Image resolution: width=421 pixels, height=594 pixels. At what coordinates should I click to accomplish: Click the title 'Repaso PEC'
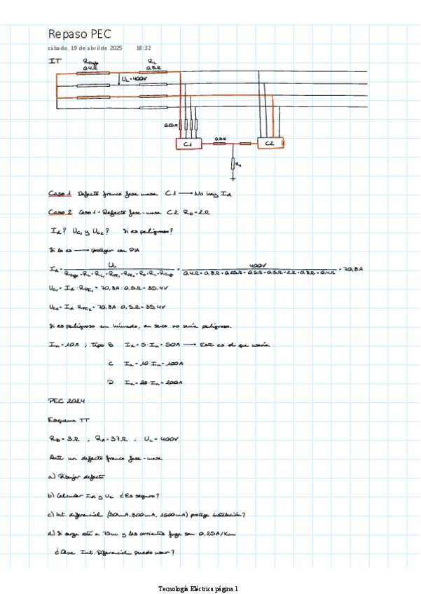pos(79,34)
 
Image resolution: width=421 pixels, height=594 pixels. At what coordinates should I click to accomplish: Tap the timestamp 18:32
pos(144,48)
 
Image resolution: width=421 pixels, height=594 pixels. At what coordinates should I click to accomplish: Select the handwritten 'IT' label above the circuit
pos(55,62)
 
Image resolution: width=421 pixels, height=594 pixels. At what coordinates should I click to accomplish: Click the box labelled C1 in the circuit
pos(188,144)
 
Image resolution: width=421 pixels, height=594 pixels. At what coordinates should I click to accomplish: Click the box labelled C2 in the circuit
pos(269,143)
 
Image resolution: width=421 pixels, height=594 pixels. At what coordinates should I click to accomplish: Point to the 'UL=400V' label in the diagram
pos(134,80)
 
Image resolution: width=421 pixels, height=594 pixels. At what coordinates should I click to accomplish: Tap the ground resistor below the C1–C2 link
pos(234,164)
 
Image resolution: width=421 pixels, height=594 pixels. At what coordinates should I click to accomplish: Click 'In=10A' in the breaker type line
pos(62,345)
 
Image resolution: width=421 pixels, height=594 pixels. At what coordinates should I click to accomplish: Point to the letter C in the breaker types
pos(111,363)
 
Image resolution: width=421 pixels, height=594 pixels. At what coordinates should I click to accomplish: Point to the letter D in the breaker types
pos(111,382)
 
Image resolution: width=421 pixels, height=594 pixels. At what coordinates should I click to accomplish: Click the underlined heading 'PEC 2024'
pos(66,401)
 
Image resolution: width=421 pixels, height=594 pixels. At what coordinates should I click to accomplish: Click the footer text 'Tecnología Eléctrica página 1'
pos(199,588)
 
